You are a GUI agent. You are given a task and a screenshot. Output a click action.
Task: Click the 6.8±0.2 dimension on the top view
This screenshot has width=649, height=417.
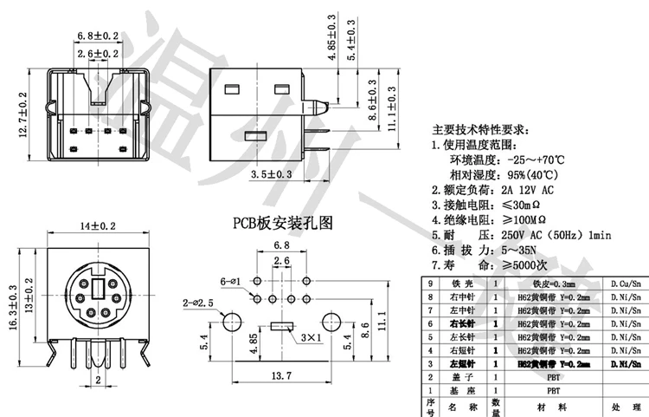click(x=98, y=36)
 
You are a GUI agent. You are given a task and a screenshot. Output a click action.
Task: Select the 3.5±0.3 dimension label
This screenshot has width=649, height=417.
click(x=271, y=175)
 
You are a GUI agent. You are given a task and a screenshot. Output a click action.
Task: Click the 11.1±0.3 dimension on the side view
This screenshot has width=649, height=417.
click(x=391, y=109)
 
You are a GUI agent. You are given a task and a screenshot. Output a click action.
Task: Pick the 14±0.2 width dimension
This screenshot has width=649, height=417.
click(x=98, y=226)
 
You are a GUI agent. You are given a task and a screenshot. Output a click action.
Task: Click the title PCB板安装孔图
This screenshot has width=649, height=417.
click(x=281, y=223)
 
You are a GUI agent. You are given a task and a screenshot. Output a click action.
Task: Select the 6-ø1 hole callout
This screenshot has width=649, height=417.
click(x=230, y=282)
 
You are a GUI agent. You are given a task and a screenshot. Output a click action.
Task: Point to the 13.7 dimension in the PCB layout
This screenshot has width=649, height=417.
click(x=280, y=376)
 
